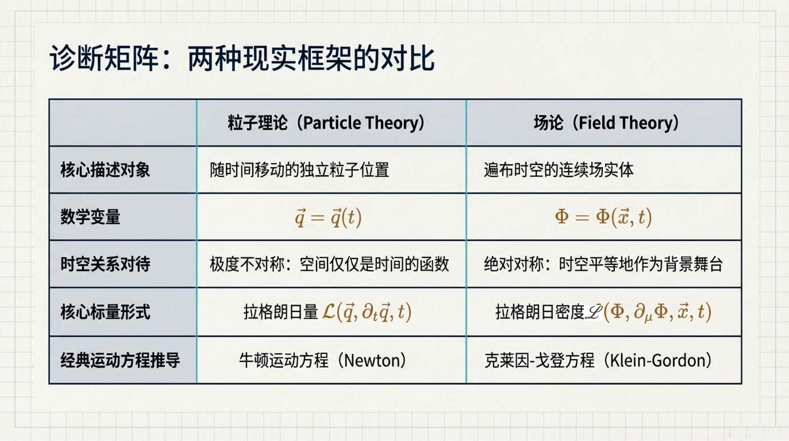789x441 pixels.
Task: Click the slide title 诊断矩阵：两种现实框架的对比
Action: pyautogui.click(x=242, y=58)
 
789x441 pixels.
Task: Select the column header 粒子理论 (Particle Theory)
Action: pyautogui.click(x=326, y=123)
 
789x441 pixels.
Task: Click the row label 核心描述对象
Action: pyautogui.click(x=105, y=169)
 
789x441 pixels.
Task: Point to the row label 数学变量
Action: pyautogui.click(x=91, y=216)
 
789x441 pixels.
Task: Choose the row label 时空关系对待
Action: pyautogui.click(x=105, y=264)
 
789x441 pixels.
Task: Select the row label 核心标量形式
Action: pyautogui.click(x=105, y=312)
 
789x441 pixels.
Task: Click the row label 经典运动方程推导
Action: pyautogui.click(x=120, y=360)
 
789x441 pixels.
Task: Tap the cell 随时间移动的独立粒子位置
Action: pyautogui.click(x=299, y=170)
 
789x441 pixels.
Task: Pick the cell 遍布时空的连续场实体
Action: pyautogui.click(x=559, y=170)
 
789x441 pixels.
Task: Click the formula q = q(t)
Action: pyautogui.click(x=328, y=217)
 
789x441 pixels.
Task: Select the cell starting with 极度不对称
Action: pyautogui.click(x=329, y=264)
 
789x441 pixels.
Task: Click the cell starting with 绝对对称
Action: pyautogui.click(x=603, y=264)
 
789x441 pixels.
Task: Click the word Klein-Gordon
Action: pyautogui.click(x=656, y=360)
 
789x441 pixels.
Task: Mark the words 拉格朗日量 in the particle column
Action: pyautogui.click(x=281, y=312)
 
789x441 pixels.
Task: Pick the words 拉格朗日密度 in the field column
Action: pyautogui.click(x=540, y=312)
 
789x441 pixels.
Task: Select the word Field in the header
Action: pyautogui.click(x=597, y=122)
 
